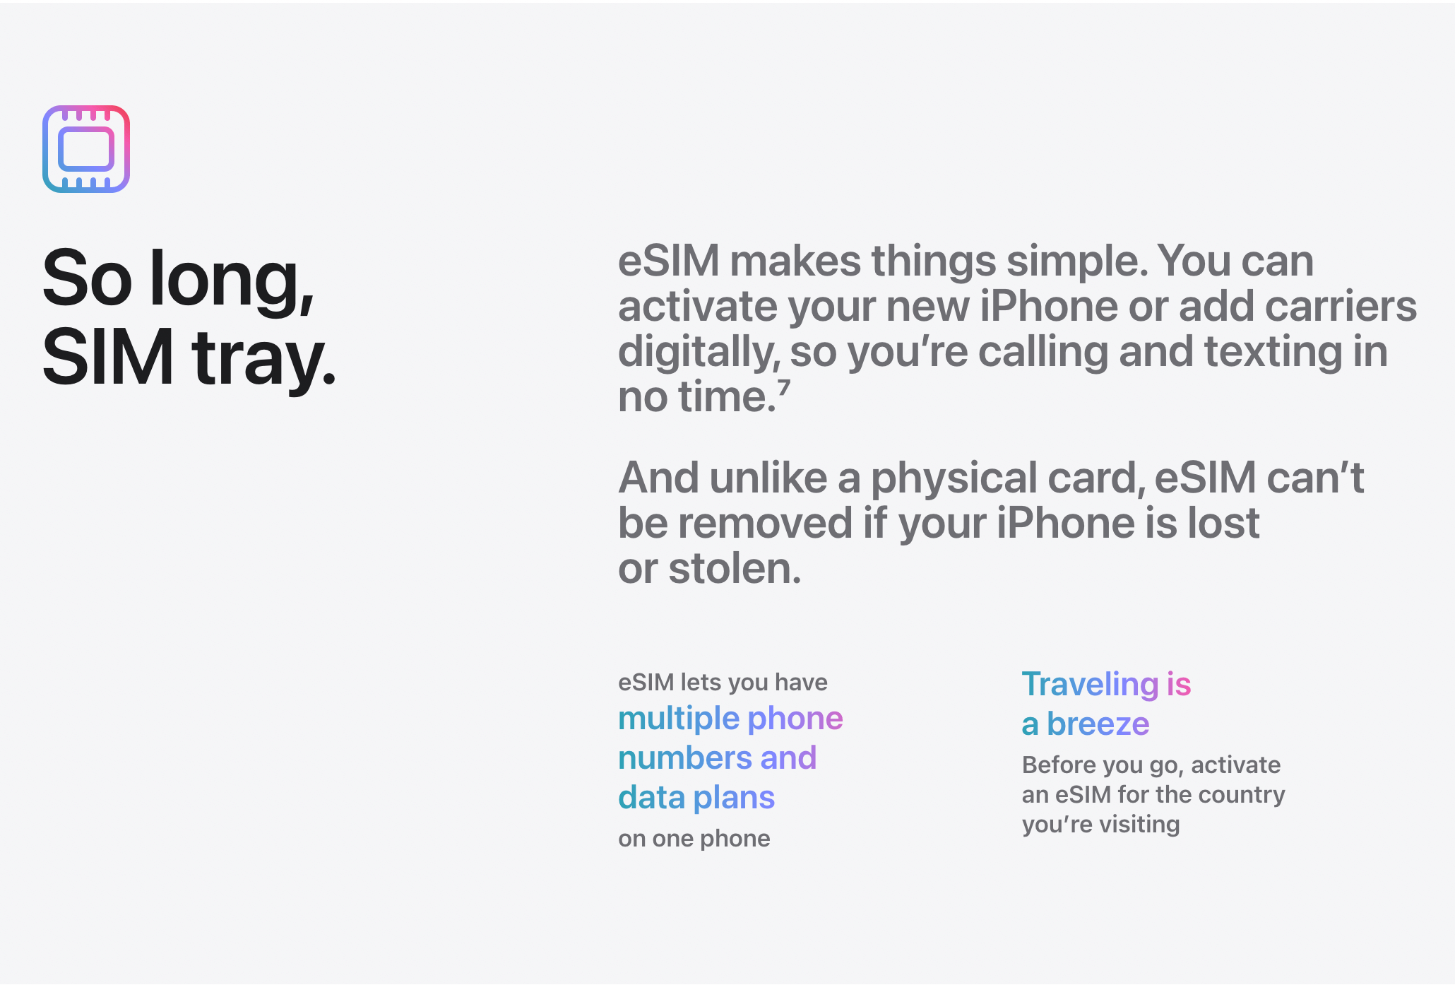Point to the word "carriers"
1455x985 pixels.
coord(1341,307)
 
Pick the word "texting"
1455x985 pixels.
coord(1273,352)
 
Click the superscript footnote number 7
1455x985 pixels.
coord(784,388)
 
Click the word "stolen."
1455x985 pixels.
coord(735,569)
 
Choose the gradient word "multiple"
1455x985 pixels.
coord(679,719)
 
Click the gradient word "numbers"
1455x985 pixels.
coord(684,759)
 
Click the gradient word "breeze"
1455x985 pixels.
coord(1098,724)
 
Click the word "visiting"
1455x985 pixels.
coord(1139,825)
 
